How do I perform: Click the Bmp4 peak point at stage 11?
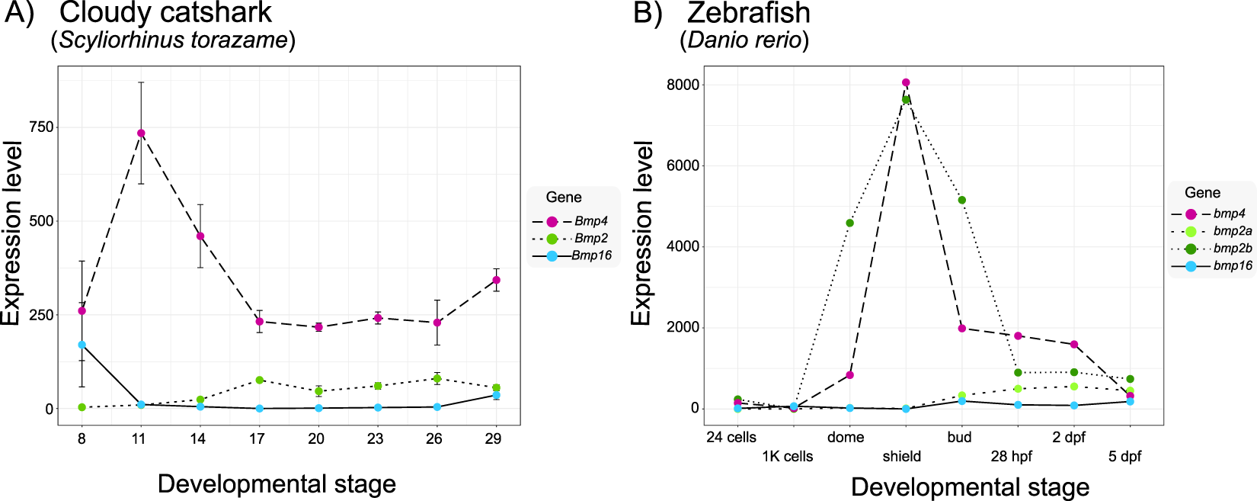point(141,133)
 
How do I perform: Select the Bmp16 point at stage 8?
point(82,345)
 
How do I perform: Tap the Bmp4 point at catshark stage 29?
point(497,280)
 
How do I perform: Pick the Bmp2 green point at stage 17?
point(260,380)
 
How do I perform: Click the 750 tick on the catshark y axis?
point(42,127)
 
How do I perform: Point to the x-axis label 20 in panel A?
point(316,438)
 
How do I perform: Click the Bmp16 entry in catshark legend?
point(590,255)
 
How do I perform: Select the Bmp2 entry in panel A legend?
point(590,238)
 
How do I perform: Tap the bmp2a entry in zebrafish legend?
point(1232,231)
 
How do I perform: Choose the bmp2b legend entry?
point(1232,249)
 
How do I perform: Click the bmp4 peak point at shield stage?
point(906,82)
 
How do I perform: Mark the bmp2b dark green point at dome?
point(850,223)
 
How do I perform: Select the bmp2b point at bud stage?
point(962,200)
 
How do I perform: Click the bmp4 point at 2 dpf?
point(1074,345)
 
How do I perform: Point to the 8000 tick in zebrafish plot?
point(684,85)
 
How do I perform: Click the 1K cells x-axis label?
point(788,457)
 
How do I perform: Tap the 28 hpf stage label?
point(1012,457)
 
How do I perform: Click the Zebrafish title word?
point(749,13)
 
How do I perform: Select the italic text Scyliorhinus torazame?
point(174,40)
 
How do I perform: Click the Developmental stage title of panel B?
point(970,487)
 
